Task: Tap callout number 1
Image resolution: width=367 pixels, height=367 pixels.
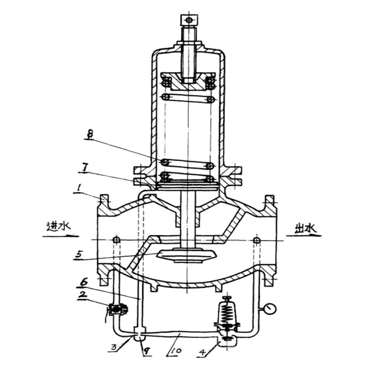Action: pyautogui.click(x=79, y=188)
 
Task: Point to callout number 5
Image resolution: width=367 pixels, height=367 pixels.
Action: pyautogui.click(x=79, y=255)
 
